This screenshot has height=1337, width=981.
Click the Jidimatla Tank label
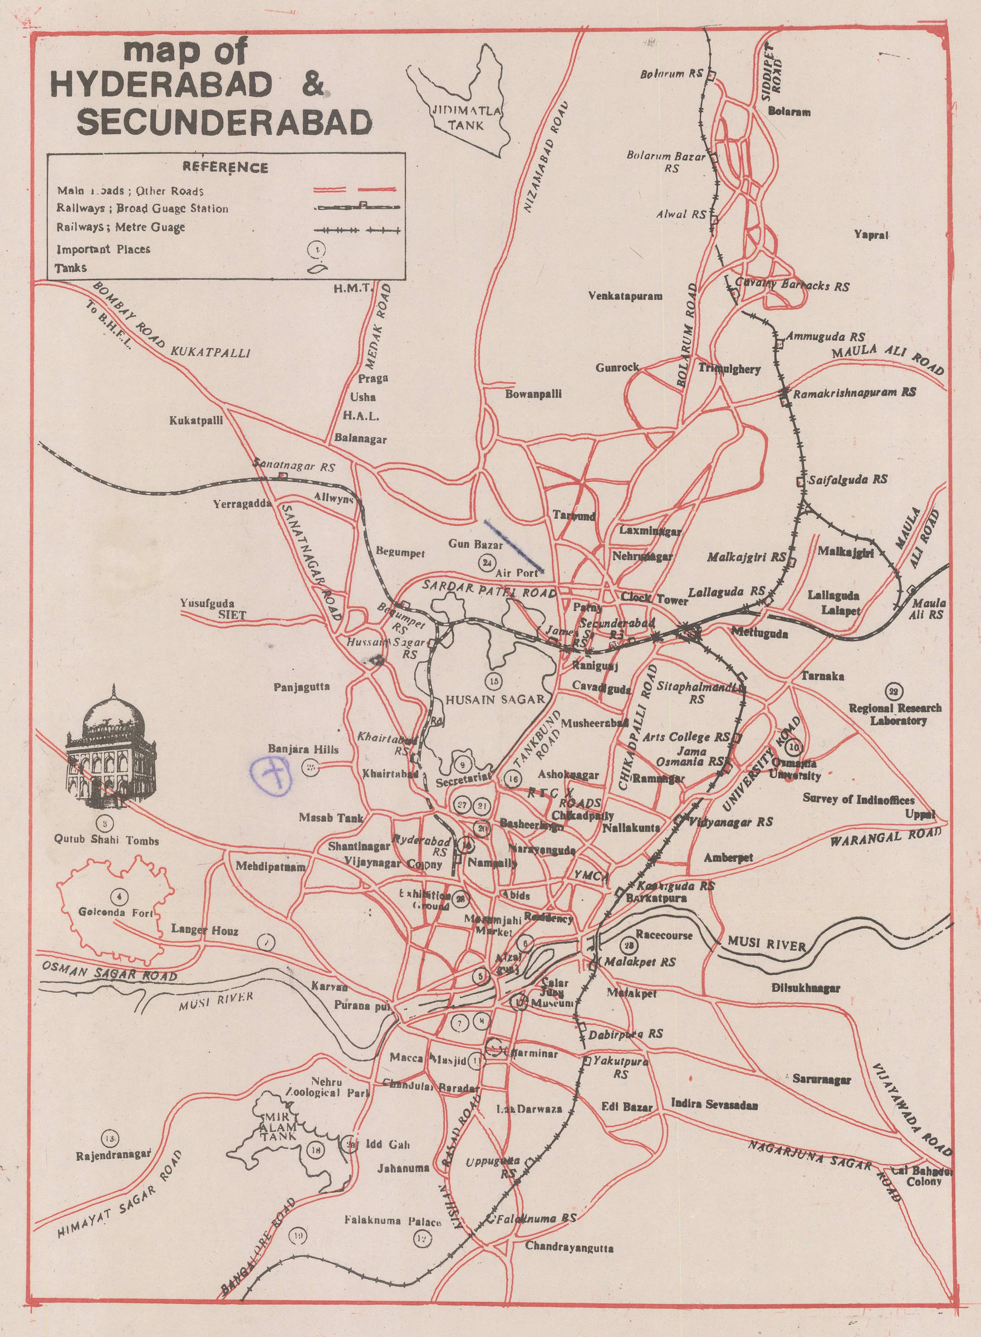point(467,118)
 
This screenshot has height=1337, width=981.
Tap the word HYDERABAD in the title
point(161,87)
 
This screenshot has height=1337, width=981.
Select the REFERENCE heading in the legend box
point(225,168)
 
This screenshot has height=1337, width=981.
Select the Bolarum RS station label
point(671,75)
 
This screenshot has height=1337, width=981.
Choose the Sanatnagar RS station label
point(294,466)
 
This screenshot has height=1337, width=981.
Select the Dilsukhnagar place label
point(806,989)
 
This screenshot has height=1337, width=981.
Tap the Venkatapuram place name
point(625,295)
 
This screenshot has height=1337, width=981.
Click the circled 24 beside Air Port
point(488,562)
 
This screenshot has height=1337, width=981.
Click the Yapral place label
point(871,235)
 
